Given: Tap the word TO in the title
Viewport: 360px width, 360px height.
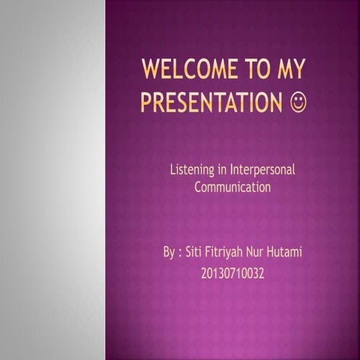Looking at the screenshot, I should (x=254, y=71).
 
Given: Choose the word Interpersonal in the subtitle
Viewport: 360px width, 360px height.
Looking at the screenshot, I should (x=262, y=170).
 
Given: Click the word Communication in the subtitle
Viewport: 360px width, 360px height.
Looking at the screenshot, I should (x=232, y=187).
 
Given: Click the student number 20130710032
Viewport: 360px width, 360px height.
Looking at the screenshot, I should (x=232, y=274).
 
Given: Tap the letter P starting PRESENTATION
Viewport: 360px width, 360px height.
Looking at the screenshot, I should (x=146, y=102).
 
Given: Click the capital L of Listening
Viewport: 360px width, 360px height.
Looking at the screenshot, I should (x=173, y=170).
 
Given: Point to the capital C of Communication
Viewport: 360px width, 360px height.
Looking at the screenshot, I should (x=198, y=187).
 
